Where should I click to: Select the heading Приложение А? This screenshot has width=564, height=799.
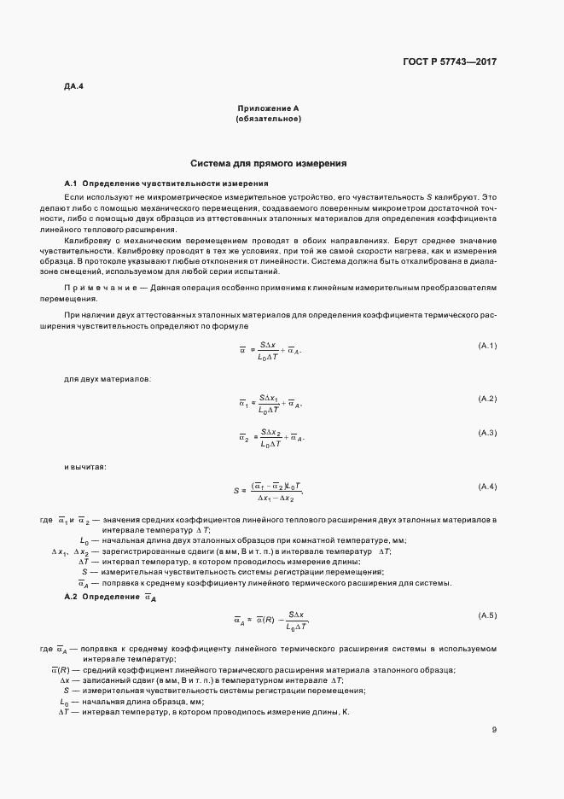click(267, 109)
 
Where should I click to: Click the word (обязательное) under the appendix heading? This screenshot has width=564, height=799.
click(267, 119)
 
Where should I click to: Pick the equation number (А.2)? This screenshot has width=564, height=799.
click(487, 399)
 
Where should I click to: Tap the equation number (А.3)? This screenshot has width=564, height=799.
click(487, 433)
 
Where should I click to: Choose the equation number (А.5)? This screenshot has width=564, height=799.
click(487, 615)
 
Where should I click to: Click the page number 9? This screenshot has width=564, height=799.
click(494, 729)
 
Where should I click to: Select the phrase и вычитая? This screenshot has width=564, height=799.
click(85, 466)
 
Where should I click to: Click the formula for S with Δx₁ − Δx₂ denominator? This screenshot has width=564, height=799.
click(268, 490)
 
